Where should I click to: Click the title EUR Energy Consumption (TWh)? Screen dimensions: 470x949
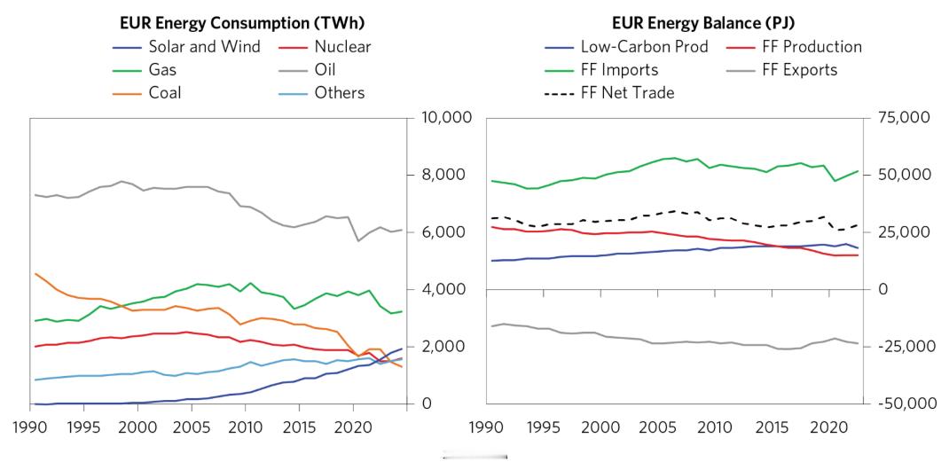coord(242,22)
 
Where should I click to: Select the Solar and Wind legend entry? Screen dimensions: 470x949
coord(204,47)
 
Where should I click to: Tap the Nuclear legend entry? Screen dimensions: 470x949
coord(342,47)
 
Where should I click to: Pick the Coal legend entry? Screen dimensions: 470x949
coord(164,92)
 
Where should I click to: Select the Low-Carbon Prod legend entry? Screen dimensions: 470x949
coord(644,47)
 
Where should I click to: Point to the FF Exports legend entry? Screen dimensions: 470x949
coord(799,69)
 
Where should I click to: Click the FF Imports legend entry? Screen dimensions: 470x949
coord(619,69)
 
